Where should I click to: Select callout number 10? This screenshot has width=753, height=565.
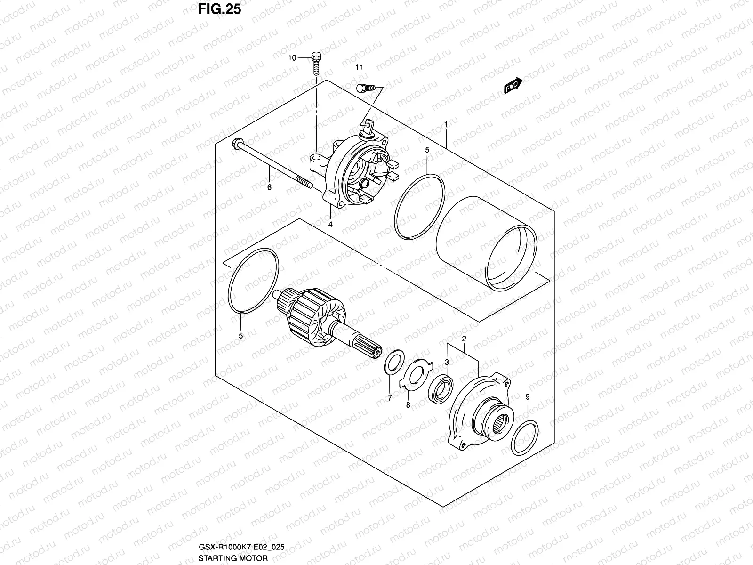[x=292, y=58]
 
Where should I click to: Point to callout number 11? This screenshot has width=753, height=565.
[x=359, y=68]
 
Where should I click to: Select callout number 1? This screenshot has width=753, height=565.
[x=445, y=124]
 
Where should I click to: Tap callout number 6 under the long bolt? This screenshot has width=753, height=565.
[x=269, y=187]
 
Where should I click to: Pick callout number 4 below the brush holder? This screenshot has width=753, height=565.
[x=330, y=225]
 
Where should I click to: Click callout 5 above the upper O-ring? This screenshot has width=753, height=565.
[x=427, y=150]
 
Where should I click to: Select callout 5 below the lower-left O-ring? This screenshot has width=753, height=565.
[x=240, y=336]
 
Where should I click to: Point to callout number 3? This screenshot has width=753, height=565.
[x=447, y=362]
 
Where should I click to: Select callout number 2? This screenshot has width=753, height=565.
[x=464, y=339]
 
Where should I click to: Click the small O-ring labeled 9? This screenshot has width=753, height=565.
[x=525, y=437]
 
